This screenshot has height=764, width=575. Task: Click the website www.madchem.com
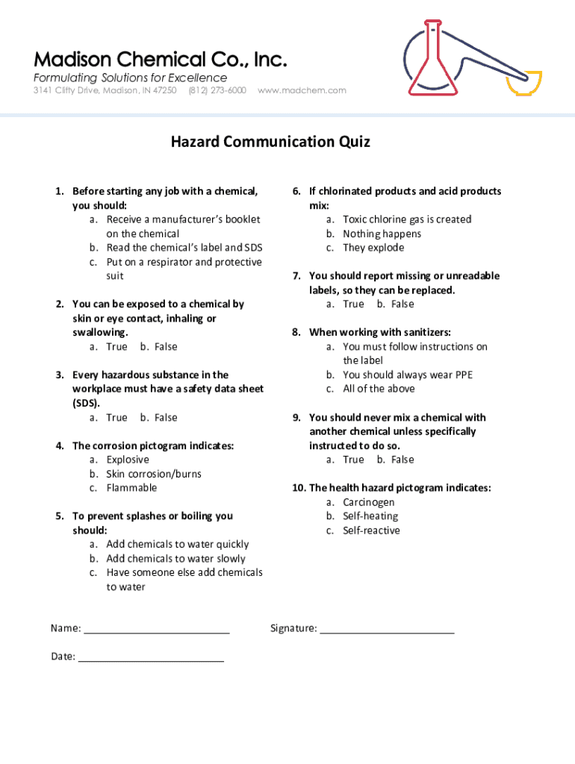tap(302, 90)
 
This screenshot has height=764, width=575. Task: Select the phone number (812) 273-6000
tap(217, 90)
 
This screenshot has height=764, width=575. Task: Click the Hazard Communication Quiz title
tap(270, 142)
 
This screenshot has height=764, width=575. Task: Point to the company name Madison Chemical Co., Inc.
tap(159, 59)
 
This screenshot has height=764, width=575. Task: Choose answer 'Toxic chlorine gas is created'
tap(407, 219)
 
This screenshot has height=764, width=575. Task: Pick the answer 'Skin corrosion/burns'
tap(154, 474)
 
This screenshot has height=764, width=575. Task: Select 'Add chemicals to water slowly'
tap(175, 559)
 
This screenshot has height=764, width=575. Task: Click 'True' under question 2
tap(116, 347)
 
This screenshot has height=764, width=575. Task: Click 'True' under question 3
tap(116, 418)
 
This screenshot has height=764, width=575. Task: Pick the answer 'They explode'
tap(373, 248)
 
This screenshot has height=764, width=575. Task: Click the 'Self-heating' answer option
tap(370, 516)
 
